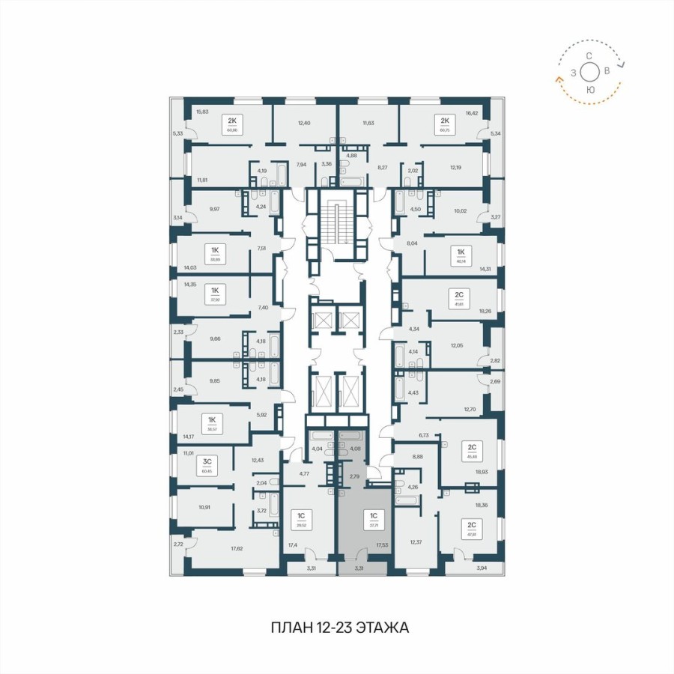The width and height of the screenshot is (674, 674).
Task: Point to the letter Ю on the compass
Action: (590, 89)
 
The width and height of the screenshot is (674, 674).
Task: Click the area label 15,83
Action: (202, 112)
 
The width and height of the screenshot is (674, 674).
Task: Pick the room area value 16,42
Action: (471, 112)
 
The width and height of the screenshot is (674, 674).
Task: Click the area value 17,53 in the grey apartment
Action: (382, 546)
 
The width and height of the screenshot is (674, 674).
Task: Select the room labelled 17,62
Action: (237, 548)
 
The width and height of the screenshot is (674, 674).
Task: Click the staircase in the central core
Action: (336, 222)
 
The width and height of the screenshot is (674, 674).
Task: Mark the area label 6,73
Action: (423, 434)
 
